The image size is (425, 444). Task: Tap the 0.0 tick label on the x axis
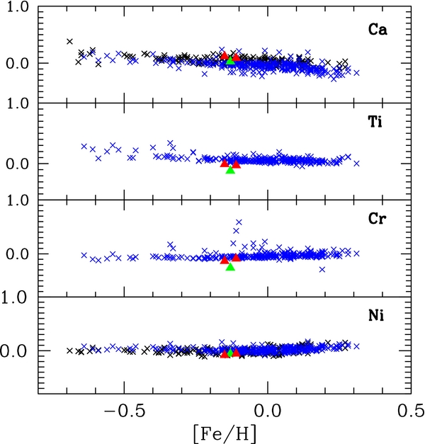[x=268, y=410]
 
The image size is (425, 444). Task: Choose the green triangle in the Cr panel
[x=230, y=266]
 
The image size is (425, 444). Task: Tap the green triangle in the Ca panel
[x=230, y=61]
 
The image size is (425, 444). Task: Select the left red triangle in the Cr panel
[x=225, y=260]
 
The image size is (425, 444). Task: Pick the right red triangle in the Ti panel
[x=237, y=164]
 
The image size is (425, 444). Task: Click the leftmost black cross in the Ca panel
[x=69, y=42]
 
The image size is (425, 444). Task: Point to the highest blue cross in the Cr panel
[x=239, y=222]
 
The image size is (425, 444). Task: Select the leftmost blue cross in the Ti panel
[x=84, y=147]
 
